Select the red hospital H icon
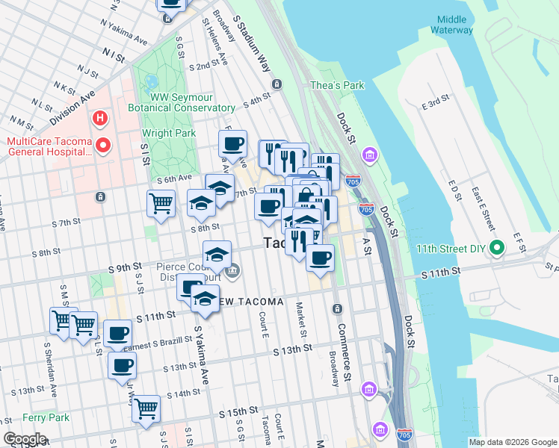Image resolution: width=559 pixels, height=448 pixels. (98, 118)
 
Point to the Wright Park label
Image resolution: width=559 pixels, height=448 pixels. (169, 134)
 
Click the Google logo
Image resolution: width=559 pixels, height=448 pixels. (25, 439)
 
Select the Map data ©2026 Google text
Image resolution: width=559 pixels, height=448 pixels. (512, 442)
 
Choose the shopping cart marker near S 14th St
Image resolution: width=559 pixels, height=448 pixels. (146, 408)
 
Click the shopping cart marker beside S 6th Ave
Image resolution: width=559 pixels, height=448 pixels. (161, 202)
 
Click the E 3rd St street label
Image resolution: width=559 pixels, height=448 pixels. (434, 102)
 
